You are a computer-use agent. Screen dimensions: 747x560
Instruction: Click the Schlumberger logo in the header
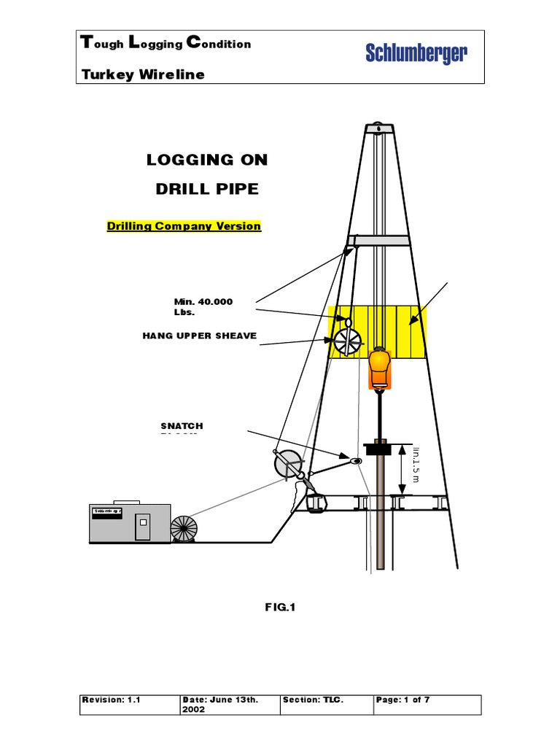416,53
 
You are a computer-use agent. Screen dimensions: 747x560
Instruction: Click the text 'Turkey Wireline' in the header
144,74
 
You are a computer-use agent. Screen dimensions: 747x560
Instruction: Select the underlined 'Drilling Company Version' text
184,226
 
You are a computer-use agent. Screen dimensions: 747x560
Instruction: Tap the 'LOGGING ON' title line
207,160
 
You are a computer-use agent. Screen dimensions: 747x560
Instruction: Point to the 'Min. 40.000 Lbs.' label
203,307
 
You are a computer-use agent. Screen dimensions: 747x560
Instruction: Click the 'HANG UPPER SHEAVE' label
200,336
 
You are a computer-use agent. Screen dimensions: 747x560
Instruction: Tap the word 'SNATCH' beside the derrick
182,425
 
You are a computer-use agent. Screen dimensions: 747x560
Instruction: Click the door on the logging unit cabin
142,525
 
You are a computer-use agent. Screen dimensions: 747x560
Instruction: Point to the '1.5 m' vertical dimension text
416,463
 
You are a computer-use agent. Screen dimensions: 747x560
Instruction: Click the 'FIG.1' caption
280,606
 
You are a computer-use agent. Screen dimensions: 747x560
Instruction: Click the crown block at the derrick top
378,128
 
